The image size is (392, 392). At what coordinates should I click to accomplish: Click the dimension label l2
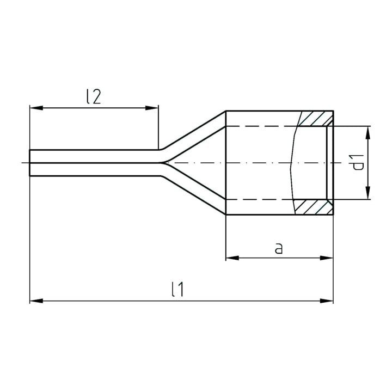pyautogui.click(x=94, y=97)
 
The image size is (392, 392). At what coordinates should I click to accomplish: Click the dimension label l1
pyautogui.click(x=177, y=289)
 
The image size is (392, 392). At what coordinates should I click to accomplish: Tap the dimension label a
pyautogui.click(x=279, y=249)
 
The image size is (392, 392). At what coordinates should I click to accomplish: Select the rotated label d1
pyautogui.click(x=358, y=162)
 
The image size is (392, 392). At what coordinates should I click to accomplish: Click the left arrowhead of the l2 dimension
pyautogui.click(x=36, y=108)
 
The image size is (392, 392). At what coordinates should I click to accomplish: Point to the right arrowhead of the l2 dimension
pyautogui.click(x=152, y=108)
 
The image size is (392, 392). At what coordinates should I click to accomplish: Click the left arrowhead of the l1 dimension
pyautogui.click(x=36, y=301)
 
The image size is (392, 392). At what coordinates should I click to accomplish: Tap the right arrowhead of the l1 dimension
pyautogui.click(x=327, y=301)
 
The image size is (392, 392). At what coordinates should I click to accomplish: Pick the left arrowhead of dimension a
pyautogui.click(x=232, y=258)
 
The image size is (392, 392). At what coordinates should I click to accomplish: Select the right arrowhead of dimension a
pyautogui.click(x=327, y=258)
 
